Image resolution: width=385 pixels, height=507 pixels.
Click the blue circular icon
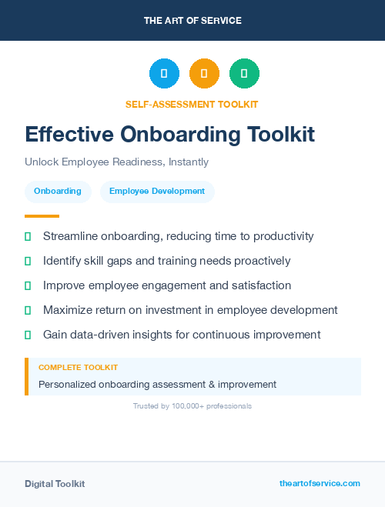[x=164, y=73]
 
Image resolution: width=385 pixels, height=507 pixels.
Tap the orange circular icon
[x=204, y=73]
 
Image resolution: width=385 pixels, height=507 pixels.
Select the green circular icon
[x=244, y=73]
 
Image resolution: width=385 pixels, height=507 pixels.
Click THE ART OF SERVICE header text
[x=192, y=20]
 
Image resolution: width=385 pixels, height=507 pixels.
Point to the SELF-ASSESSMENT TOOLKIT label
[x=192, y=104]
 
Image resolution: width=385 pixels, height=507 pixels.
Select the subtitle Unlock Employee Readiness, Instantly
[x=116, y=162]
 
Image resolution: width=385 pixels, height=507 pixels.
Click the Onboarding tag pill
[x=58, y=192]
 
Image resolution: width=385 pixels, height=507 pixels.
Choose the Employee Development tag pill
[x=157, y=192]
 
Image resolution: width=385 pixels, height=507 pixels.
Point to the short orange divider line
[x=42, y=216]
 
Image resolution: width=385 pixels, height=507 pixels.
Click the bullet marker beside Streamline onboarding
[x=28, y=236]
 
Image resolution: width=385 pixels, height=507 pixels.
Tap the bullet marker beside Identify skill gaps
[x=28, y=261]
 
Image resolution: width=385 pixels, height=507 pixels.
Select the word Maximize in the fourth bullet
[x=68, y=310]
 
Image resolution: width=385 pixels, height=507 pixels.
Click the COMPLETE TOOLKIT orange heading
[x=78, y=368]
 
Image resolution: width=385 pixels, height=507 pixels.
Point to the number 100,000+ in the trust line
[x=184, y=405]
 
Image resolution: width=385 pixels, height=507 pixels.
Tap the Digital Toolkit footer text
[x=55, y=484]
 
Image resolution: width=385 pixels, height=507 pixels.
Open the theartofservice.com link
[x=320, y=483]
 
